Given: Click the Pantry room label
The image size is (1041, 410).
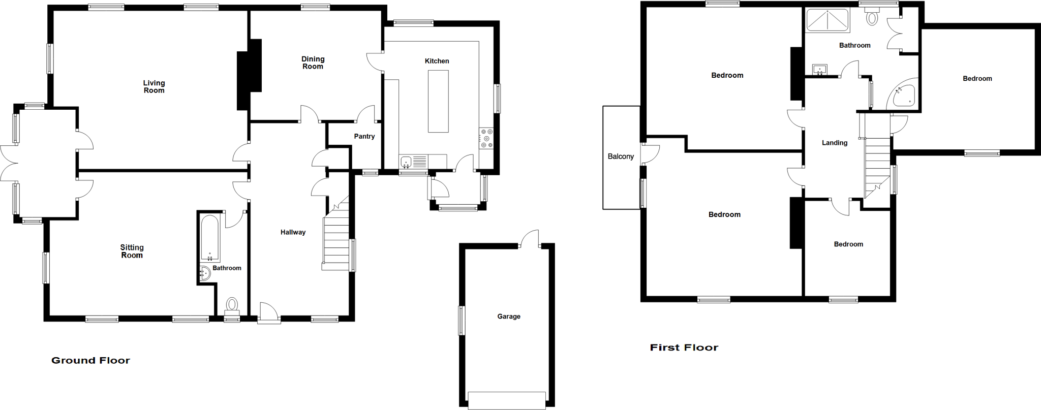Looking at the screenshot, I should (x=364, y=136).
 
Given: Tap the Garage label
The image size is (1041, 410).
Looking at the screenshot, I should (x=509, y=317).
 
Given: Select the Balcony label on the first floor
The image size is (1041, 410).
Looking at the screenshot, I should (x=621, y=156).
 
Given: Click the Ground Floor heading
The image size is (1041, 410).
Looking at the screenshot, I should (x=90, y=361).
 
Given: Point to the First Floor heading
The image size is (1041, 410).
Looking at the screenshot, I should (x=684, y=348).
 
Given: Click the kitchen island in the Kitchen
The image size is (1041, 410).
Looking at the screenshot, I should (x=438, y=101).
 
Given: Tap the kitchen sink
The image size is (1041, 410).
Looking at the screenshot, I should (x=406, y=162).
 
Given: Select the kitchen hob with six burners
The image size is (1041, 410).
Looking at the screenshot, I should (x=486, y=139).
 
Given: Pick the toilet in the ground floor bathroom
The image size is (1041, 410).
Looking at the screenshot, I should (x=232, y=304).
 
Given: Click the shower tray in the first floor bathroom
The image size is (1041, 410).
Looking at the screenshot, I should (x=828, y=20).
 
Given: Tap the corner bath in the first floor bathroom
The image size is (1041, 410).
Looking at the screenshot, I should (x=903, y=96).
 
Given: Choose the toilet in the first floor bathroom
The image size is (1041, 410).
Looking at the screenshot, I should (x=872, y=18).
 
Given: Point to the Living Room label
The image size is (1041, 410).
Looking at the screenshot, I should (x=154, y=87).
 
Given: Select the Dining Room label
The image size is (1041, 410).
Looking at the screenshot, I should (x=313, y=63).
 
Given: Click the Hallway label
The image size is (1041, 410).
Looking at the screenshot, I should (x=293, y=232).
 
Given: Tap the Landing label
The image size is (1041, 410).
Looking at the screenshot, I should (x=835, y=143).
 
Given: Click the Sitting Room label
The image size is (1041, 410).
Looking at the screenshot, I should (x=132, y=251).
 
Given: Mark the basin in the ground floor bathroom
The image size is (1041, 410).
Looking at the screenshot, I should (x=205, y=274).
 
